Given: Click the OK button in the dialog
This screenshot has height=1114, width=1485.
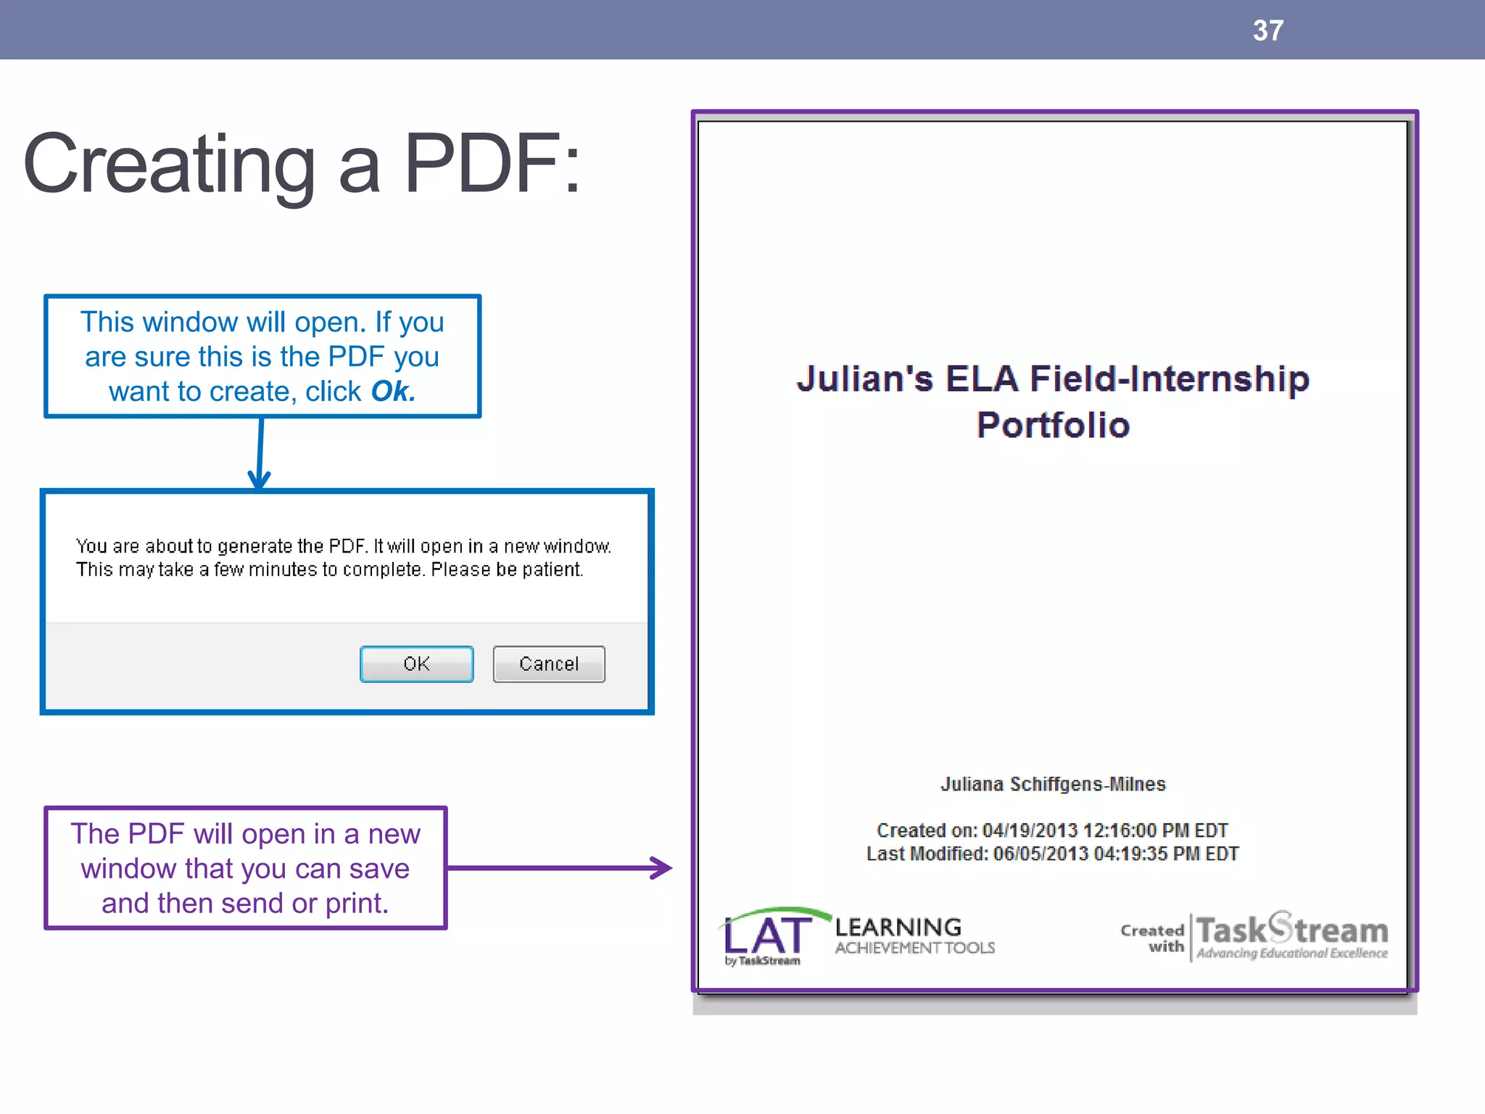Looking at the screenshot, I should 416,664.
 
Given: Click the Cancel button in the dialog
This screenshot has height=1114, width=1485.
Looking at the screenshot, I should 549,664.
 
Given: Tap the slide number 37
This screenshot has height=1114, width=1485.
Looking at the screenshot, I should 1267,30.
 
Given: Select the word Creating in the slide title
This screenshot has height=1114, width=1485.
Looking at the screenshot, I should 170,165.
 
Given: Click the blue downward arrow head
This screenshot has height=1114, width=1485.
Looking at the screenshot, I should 259,479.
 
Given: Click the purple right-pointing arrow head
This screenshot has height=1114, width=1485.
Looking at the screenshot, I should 661,867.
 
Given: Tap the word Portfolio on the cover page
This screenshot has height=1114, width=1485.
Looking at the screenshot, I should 1053,425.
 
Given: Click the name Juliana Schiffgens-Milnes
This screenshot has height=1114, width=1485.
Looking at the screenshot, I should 1053,784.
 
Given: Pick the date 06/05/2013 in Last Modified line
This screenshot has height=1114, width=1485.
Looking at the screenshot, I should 1041,854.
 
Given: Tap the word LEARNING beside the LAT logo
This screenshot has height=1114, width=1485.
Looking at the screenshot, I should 898,927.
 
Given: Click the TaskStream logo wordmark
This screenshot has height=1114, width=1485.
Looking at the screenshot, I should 1292,929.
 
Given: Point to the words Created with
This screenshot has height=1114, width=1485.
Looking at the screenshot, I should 1153,938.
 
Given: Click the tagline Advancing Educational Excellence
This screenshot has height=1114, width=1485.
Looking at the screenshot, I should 1292,953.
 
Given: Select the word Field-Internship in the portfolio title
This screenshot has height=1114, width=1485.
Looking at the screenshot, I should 1170,379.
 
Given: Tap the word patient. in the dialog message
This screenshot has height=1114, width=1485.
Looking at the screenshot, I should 553,569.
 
